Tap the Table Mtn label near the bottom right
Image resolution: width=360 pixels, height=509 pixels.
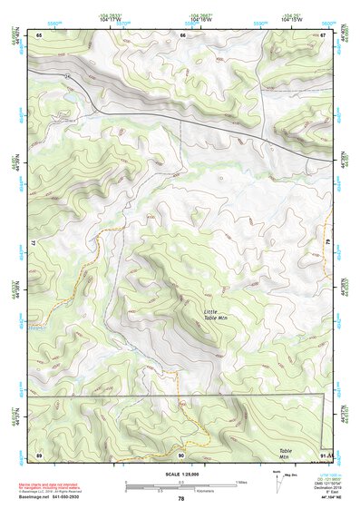coord(286,454)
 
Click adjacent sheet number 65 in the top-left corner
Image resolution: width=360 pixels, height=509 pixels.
coord(40,34)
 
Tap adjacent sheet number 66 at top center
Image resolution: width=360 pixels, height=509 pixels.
coord(182,34)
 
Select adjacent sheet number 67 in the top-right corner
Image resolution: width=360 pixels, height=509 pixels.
coord(324,34)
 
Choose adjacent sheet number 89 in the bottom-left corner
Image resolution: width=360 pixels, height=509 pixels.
coord(40,454)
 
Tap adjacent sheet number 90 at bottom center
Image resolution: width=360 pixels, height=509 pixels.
coord(182,454)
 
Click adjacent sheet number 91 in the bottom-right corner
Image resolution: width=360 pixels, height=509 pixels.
coord(324,454)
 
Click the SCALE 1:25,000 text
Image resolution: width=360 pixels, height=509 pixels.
coord(180,473)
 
